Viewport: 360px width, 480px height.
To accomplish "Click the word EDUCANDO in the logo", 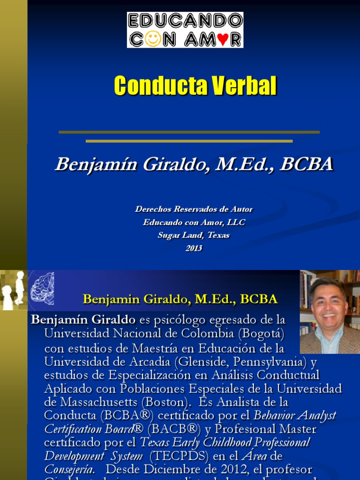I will (x=185, y=21).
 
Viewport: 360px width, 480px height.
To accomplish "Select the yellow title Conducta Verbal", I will (x=195, y=86).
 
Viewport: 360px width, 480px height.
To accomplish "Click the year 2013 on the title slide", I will (x=194, y=248).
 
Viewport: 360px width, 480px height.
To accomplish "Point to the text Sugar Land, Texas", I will (x=194, y=235).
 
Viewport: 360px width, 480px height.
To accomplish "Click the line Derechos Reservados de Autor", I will (x=194, y=209).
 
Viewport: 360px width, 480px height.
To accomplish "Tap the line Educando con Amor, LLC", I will (x=194, y=222).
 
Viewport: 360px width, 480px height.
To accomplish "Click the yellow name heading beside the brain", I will (x=180, y=299).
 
